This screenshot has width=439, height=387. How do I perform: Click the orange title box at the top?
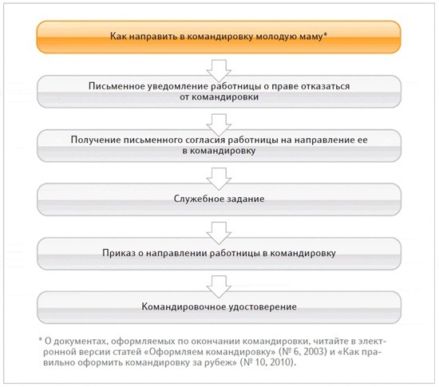pyautogui.click(x=219, y=38)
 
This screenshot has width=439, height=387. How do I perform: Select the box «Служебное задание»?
pyautogui.click(x=219, y=197)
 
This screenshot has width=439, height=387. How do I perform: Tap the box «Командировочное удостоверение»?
pyautogui.click(x=219, y=306)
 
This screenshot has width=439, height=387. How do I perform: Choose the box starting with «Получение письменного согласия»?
pyautogui.click(x=219, y=143)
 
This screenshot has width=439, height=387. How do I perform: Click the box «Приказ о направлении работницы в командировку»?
pyautogui.click(x=219, y=252)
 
